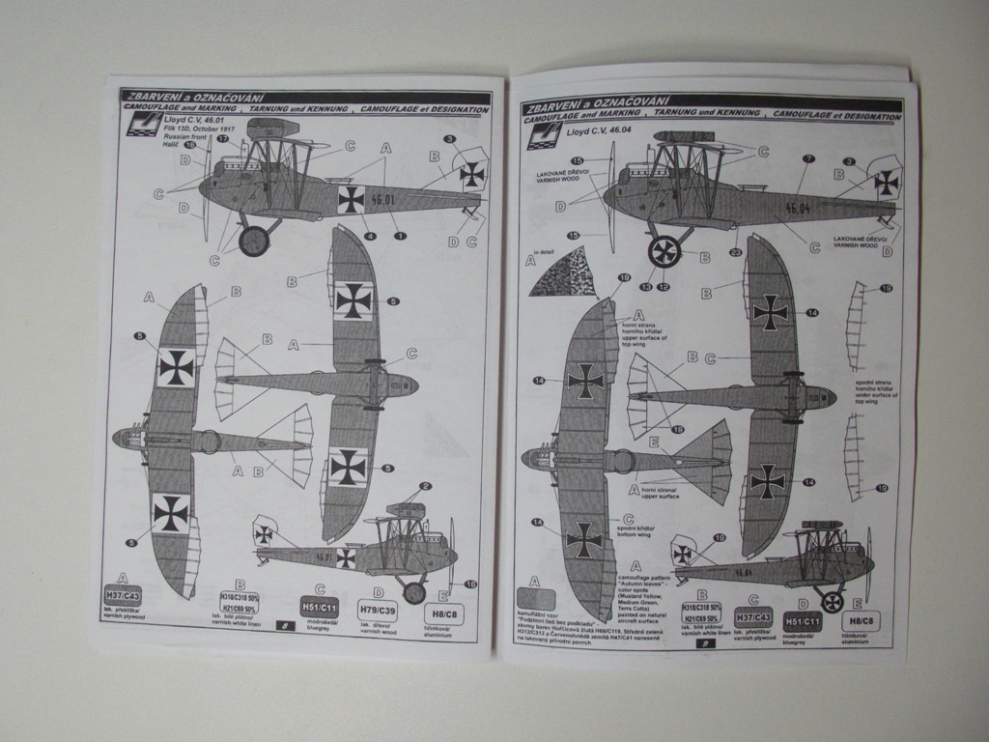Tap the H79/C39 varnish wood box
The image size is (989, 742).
tap(377, 610)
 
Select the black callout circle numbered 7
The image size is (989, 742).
tap(808, 158)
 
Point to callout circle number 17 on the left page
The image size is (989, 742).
tap(222, 139)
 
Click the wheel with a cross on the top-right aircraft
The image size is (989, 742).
tap(664, 251)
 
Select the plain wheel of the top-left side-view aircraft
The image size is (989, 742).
tap(254, 241)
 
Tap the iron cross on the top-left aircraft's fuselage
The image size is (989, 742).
tap(352, 200)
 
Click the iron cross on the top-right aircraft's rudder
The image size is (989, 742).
tap(886, 182)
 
